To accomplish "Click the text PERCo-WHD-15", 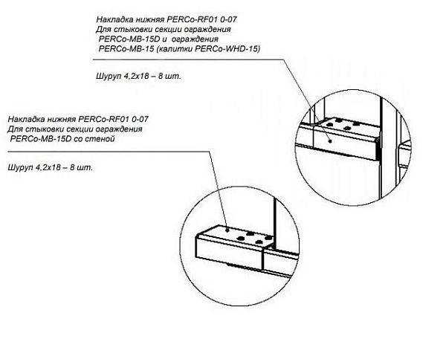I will (x=237, y=48).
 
